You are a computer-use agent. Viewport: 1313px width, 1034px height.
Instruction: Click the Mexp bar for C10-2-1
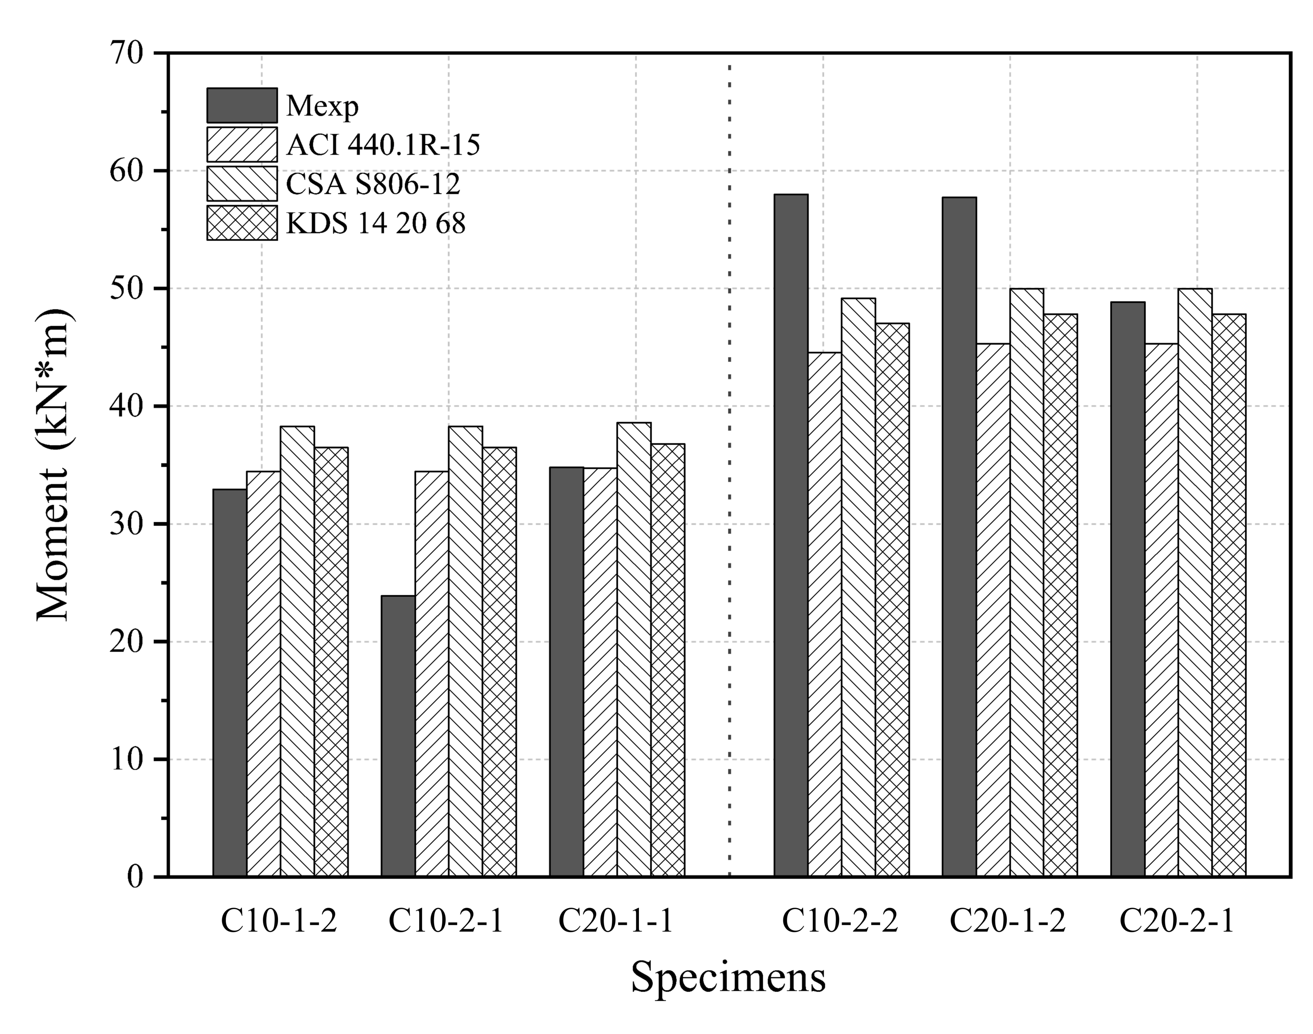[x=398, y=736]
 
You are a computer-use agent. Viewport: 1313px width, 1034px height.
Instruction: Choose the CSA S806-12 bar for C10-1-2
[x=297, y=651]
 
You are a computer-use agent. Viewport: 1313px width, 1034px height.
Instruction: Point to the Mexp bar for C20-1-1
[x=566, y=671]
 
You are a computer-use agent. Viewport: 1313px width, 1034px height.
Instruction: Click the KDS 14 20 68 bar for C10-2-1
[x=499, y=661]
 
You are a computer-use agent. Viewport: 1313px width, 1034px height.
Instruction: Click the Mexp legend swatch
[x=242, y=105]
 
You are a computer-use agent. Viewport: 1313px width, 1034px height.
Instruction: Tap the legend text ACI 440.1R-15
[x=383, y=145]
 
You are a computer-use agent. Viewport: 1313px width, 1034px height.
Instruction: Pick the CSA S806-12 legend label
[x=373, y=184]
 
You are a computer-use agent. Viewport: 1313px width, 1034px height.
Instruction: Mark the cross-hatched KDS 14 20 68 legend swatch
[x=242, y=223]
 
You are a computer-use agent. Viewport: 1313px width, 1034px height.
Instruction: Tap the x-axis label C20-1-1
[x=616, y=923]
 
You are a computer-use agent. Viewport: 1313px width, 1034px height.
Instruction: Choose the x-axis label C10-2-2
[x=840, y=923]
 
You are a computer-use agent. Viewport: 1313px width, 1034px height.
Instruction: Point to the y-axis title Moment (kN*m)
[x=53, y=465]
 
